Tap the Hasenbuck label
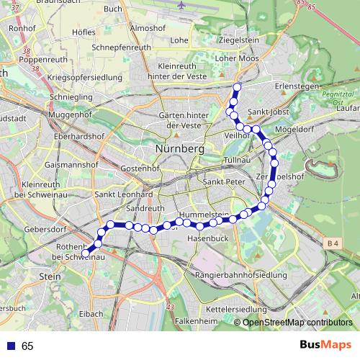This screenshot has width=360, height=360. [x=208, y=238]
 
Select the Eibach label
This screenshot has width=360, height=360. [x=91, y=314]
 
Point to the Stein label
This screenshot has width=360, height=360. [x=50, y=275]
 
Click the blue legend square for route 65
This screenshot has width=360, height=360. [x=10, y=346]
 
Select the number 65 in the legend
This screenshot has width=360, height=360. [x=27, y=346]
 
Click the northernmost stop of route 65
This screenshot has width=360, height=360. [x=236, y=87]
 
